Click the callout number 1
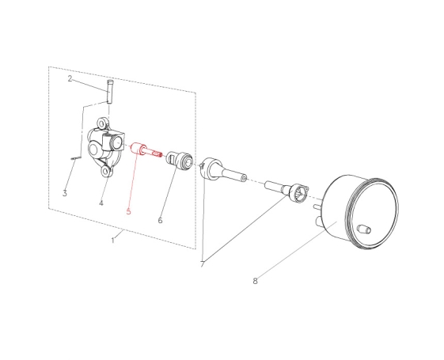coord(113,240)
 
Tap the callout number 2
coord(70,78)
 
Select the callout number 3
coord(65,193)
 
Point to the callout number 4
coord(101,203)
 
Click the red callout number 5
coord(128,211)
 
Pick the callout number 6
coord(160,220)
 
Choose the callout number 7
coord(202,263)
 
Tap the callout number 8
coord(255,281)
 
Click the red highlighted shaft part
coord(146,150)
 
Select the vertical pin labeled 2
coord(110,92)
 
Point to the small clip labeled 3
coord(74,158)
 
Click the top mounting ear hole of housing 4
coord(101,123)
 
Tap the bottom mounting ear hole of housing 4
coord(105,171)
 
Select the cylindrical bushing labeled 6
coord(180,160)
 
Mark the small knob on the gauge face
coord(364,229)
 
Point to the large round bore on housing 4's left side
coord(93,148)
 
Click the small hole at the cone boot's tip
coord(244,178)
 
